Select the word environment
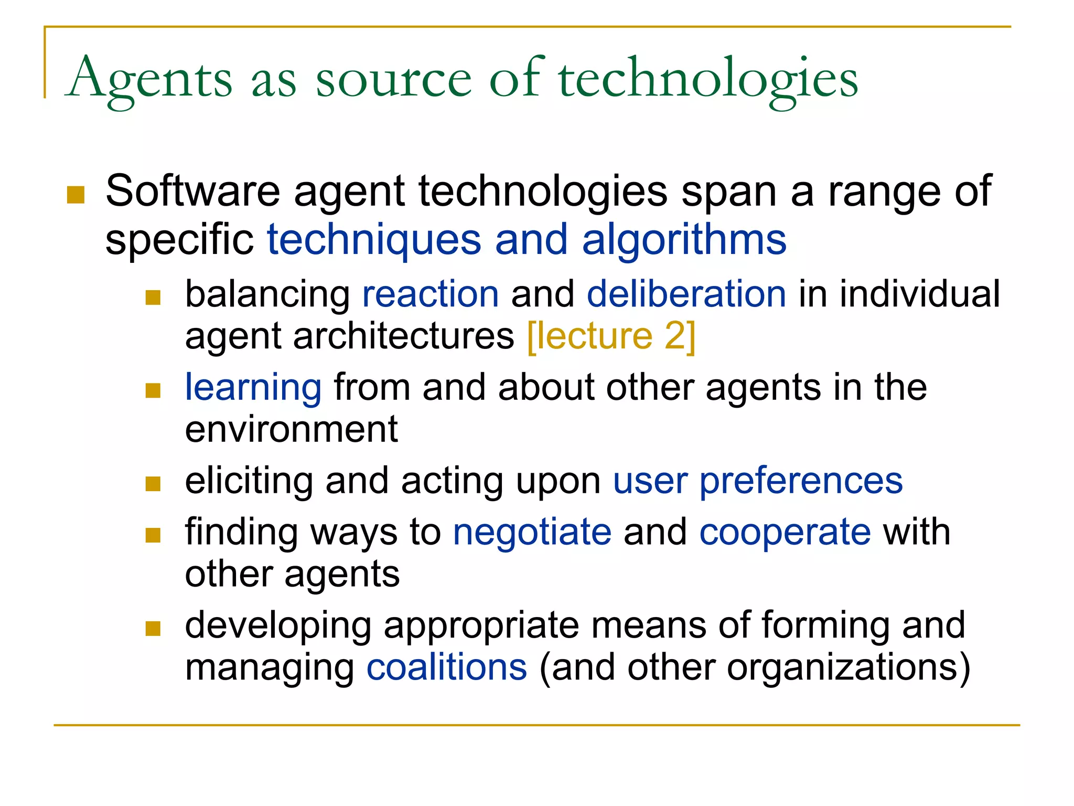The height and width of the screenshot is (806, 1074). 292,429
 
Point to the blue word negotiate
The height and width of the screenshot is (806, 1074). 532,532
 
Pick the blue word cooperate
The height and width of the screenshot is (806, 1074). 785,532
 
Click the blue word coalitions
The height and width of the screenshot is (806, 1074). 447,667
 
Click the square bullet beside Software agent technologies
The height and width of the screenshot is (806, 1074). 76,195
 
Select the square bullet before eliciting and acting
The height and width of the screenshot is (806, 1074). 153,483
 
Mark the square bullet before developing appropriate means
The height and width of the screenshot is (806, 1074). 153,628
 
